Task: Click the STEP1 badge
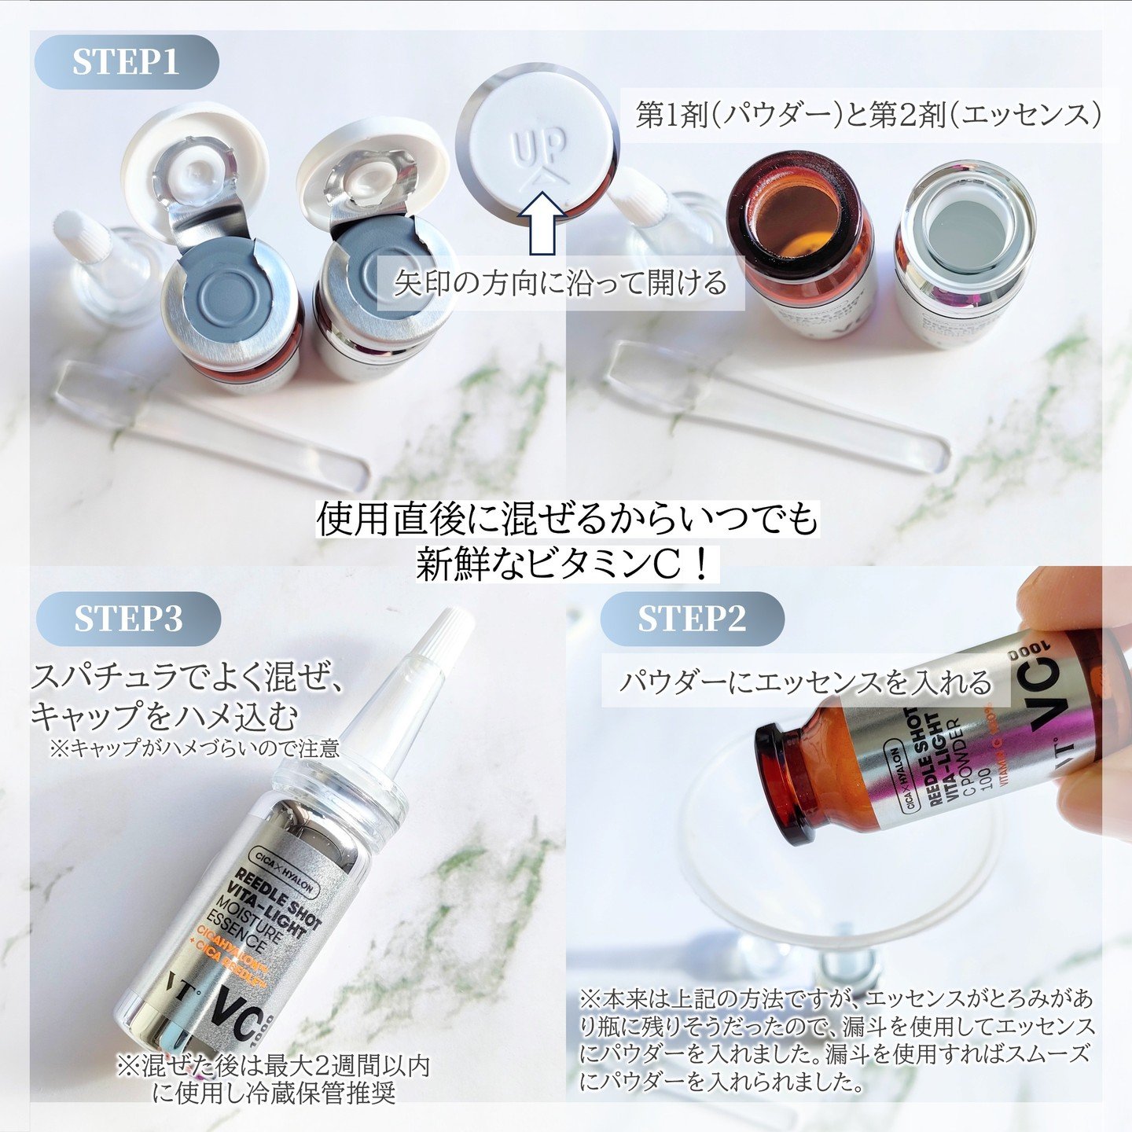coord(126,63)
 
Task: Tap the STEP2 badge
coord(691,619)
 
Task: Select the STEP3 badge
coord(128,619)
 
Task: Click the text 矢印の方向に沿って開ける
coord(560,283)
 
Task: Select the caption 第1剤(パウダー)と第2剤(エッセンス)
coord(868,116)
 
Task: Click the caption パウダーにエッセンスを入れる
coord(806,682)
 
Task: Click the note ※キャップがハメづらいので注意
coord(194,748)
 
